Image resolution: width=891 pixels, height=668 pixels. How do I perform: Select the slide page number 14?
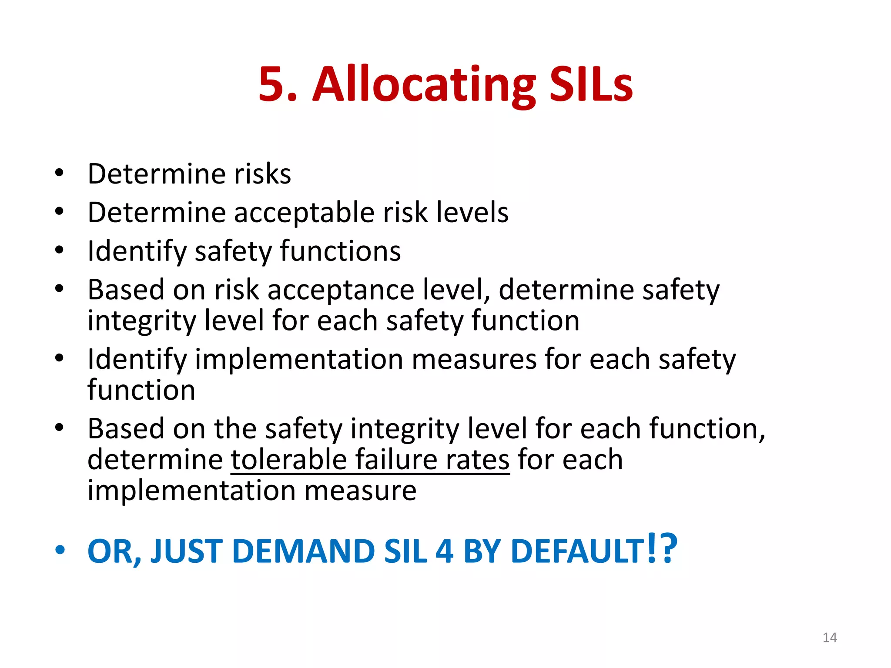coord(830,638)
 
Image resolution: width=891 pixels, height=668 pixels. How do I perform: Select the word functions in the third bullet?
coord(340,251)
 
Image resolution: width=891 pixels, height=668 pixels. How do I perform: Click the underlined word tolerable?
coord(288,460)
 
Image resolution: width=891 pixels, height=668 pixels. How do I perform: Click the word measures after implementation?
coord(474,359)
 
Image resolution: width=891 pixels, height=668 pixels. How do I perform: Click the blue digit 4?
coord(444,551)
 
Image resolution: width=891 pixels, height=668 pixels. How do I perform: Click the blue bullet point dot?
coord(60,550)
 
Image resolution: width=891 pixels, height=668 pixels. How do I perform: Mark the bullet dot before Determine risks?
coord(60,173)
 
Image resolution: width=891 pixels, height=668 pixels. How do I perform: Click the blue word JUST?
coord(187,551)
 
